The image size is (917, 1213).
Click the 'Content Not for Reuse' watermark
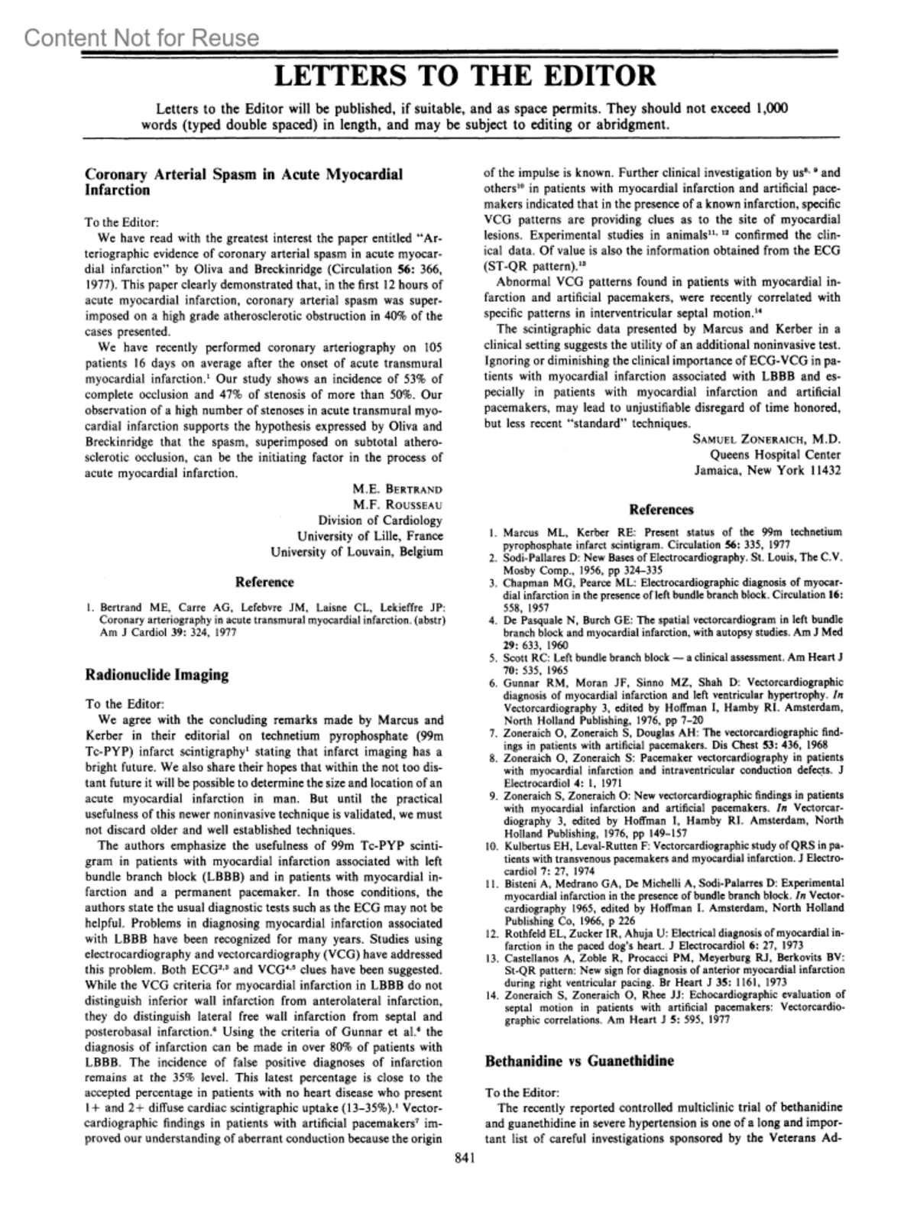(141, 37)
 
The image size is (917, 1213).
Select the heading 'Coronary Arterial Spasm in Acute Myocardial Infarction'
(243, 182)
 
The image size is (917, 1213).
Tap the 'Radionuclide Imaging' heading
(157, 675)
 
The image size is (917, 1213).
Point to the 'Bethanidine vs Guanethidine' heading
(580, 1061)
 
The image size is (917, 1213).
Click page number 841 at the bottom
(465, 1159)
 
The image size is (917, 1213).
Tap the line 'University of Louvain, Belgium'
(356, 551)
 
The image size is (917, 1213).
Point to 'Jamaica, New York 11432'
(767, 470)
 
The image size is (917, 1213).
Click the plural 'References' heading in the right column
(661, 510)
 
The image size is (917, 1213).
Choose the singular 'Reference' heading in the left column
(264, 582)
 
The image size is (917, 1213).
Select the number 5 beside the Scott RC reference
(494, 657)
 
